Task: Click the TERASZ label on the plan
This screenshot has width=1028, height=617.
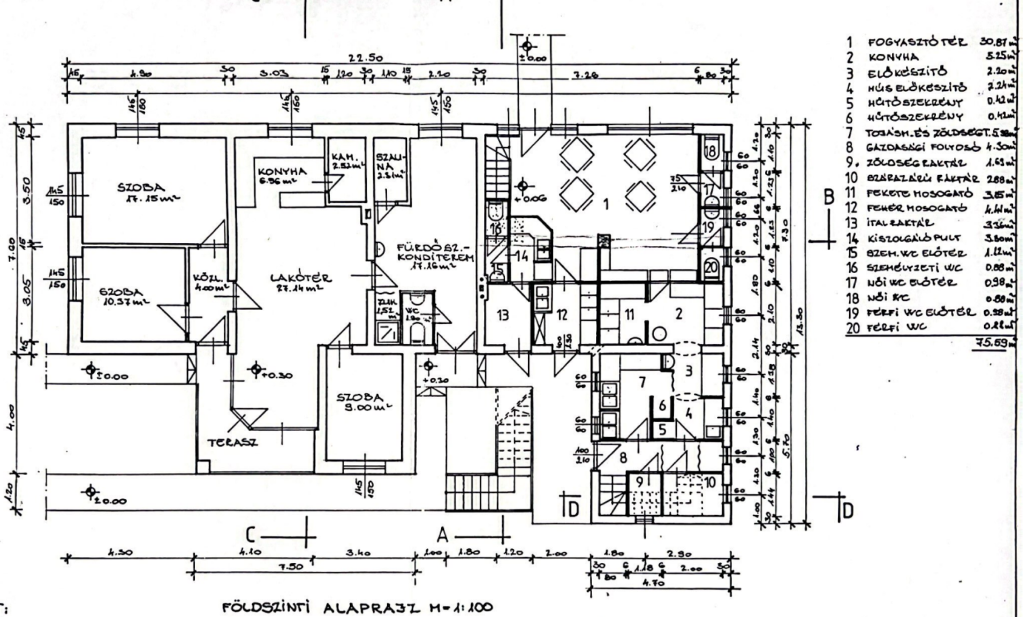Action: click(232, 442)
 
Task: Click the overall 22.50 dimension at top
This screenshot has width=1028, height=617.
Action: click(366, 58)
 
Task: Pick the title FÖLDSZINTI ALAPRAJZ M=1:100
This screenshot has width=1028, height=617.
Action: click(357, 607)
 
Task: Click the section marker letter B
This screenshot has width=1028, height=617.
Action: click(829, 197)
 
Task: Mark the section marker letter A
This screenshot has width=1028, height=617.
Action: click(442, 535)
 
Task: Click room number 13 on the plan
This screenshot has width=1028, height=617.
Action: click(502, 315)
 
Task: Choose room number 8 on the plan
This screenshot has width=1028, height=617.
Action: click(623, 458)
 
